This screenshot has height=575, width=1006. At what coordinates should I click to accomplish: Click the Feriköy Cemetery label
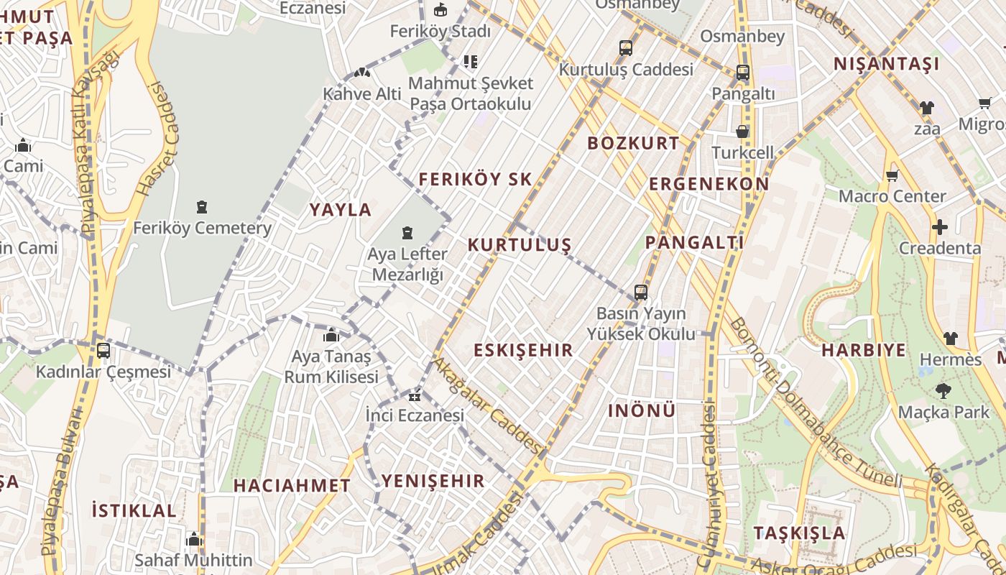(x=202, y=229)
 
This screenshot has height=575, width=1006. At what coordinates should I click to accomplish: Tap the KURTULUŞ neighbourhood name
(x=519, y=244)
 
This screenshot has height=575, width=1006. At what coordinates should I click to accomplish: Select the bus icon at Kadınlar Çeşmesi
(x=103, y=351)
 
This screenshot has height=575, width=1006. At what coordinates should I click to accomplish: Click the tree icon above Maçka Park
(x=943, y=392)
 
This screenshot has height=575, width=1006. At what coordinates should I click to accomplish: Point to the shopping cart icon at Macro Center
(x=892, y=175)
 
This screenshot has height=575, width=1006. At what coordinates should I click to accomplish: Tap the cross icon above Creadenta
(x=939, y=228)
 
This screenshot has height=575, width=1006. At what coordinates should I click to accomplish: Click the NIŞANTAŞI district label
(x=886, y=64)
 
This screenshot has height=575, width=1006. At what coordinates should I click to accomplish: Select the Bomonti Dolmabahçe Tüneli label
(x=815, y=402)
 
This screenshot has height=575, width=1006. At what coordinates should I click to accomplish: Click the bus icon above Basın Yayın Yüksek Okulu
(x=641, y=293)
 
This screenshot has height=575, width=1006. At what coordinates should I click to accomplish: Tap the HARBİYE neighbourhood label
(x=863, y=350)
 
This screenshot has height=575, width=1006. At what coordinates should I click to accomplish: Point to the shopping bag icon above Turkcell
(x=742, y=132)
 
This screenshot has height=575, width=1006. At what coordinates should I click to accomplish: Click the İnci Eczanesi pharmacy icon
(x=415, y=395)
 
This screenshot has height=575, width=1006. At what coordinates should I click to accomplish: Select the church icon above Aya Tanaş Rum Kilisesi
(x=331, y=335)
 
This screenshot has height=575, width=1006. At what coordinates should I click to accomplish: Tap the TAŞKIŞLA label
(x=799, y=533)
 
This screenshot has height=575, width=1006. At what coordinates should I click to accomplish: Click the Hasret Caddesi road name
(x=157, y=140)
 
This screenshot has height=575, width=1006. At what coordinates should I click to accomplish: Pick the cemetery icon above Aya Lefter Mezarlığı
(x=407, y=233)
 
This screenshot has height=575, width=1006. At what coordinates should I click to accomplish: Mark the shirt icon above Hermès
(x=950, y=338)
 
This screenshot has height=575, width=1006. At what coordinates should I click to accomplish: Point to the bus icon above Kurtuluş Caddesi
(x=626, y=48)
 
